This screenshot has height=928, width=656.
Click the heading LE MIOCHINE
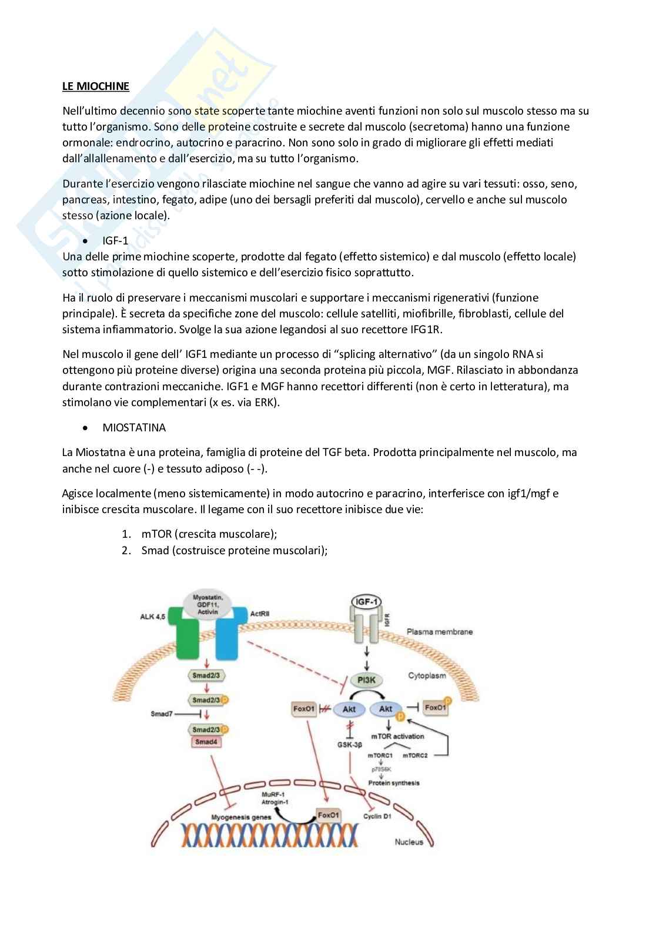click(96, 86)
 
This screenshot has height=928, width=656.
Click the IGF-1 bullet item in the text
click(115, 241)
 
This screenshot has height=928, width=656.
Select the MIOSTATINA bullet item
click(134, 427)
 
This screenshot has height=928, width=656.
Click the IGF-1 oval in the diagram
click(366, 601)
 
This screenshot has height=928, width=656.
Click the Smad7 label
click(162, 714)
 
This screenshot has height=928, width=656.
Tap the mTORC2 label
click(414, 755)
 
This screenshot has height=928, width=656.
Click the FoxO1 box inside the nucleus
click(329, 815)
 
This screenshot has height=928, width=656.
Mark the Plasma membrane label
click(440, 632)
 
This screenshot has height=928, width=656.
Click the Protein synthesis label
click(394, 783)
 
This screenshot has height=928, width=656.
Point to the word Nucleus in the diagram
click(409, 842)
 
